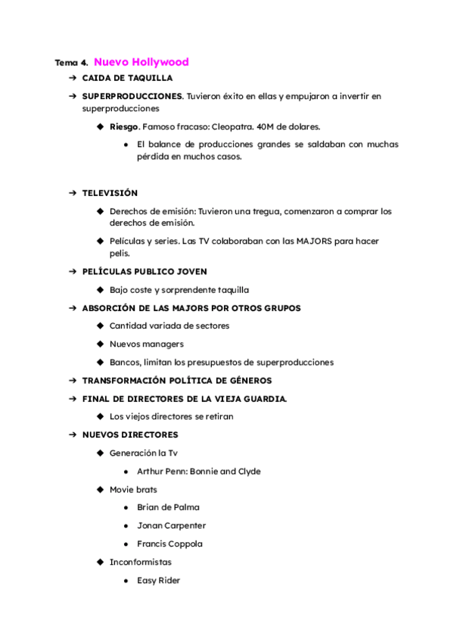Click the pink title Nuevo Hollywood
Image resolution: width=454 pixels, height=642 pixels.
141,62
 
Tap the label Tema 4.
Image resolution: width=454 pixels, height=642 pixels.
71,63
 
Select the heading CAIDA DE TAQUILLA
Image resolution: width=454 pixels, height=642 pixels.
127,78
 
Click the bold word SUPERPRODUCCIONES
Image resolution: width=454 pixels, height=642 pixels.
132,96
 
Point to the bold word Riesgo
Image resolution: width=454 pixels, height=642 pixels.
124,126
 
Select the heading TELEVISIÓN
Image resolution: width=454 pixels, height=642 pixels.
110,193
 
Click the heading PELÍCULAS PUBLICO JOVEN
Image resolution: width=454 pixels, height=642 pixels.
144,271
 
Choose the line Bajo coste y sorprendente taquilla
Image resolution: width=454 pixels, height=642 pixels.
179,289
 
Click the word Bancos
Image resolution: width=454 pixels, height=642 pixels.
125,363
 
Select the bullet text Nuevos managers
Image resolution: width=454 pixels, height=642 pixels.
146,344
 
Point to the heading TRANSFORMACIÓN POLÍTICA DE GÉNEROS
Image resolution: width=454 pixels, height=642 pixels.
176,381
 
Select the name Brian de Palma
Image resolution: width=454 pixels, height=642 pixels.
168,508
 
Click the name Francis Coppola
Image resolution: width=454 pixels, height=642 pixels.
169,544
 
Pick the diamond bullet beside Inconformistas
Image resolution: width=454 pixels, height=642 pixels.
101,563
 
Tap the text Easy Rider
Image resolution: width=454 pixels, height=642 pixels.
158,581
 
